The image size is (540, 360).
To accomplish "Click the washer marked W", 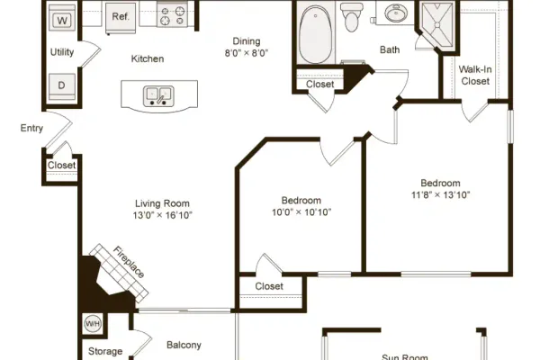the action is pyautogui.click(x=62, y=18).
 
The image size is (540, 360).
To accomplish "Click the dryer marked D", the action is pyautogui.click(x=61, y=85).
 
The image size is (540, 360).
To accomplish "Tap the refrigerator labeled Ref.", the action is pyautogui.click(x=121, y=18).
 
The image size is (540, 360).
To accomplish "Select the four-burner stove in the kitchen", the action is pyautogui.click(x=172, y=14).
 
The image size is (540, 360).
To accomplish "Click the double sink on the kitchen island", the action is pyautogui.click(x=158, y=96).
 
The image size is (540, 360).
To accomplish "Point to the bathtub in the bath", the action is pyautogui.click(x=316, y=33).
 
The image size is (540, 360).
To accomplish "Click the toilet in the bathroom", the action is pyautogui.click(x=352, y=16).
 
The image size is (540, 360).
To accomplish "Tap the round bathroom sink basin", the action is pyautogui.click(x=396, y=13).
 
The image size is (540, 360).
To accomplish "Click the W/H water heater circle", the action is pyautogui.click(x=93, y=324).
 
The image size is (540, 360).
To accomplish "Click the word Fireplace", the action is pyautogui.click(x=129, y=262).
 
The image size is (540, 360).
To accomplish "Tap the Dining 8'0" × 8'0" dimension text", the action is pyautogui.click(x=247, y=53).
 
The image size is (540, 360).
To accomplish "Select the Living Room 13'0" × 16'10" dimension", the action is pyautogui.click(x=163, y=215).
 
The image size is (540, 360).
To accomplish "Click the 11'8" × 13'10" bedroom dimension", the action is pyautogui.click(x=440, y=195).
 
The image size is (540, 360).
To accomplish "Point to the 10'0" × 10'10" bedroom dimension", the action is pyautogui.click(x=301, y=212).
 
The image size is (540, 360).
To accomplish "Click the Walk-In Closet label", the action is pyautogui.click(x=475, y=75).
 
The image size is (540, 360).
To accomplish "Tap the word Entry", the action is pyautogui.click(x=31, y=129).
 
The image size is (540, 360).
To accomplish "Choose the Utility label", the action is pyautogui.click(x=62, y=52).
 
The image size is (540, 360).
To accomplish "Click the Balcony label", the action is pyautogui.click(x=184, y=346).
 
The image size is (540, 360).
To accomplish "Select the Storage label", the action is pyautogui.click(x=105, y=351).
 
